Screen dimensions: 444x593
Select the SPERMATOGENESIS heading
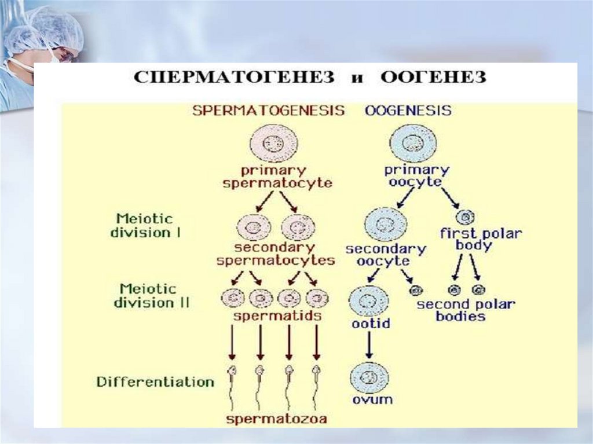click(269, 110)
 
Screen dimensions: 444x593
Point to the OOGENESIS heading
click(408, 110)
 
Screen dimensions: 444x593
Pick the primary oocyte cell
click(413, 143)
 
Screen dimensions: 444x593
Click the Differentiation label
click(155, 382)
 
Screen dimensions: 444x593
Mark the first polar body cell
click(464, 217)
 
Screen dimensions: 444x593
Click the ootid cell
click(368, 300)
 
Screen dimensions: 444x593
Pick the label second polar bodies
click(466, 310)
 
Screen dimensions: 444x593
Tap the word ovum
click(371, 399)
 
